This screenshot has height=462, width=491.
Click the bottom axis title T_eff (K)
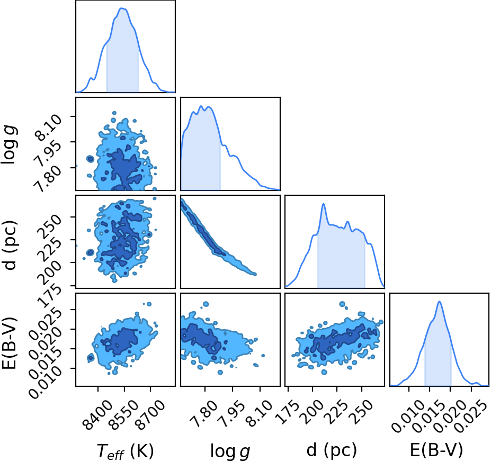(125, 451)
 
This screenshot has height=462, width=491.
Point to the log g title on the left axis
(10, 144)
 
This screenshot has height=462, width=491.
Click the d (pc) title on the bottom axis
(331, 450)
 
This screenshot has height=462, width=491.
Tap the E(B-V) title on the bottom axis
(436, 450)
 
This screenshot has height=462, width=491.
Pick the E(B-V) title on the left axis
(9, 343)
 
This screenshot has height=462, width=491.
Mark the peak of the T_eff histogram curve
(122, 8)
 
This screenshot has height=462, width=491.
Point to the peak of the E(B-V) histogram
(439, 302)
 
